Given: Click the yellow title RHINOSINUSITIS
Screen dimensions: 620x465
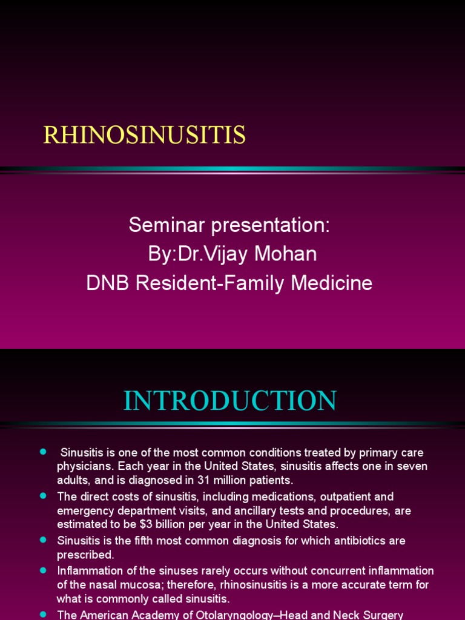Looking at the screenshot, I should [144, 135].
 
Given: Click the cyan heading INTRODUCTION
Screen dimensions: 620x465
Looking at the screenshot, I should [230, 401].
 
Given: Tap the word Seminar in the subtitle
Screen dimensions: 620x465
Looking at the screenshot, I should [167, 225].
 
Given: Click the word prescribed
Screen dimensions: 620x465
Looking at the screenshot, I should [85, 554].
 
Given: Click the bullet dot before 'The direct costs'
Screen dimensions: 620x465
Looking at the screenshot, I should [43, 496].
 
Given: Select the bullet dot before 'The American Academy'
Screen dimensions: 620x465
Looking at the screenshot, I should [43, 613].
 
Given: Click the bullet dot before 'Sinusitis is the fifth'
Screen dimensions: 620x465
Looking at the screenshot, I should [43, 539].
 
